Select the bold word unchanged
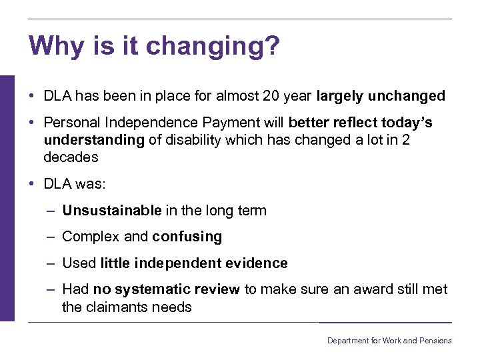pyautogui.click(x=409, y=96)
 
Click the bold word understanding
pyautogui.click(x=93, y=140)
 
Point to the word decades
pyautogui.click(x=71, y=157)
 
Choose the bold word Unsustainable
pyautogui.click(x=111, y=211)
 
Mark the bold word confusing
pyautogui.click(x=187, y=237)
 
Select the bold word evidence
pyautogui.click(x=256, y=263)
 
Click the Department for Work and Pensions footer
pyautogui.click(x=389, y=341)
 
